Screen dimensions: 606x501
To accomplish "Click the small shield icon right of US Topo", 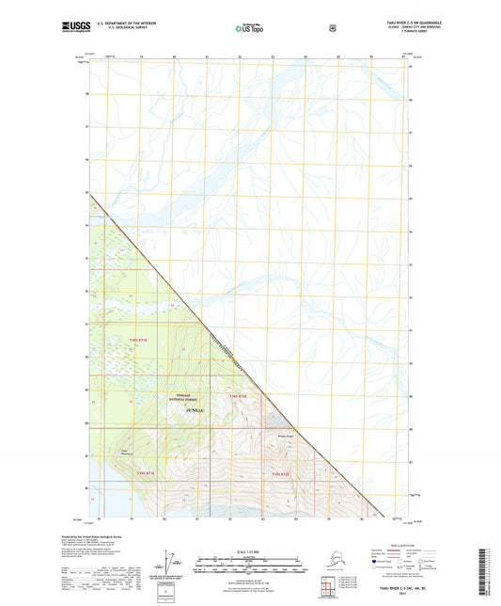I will point(332,29).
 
